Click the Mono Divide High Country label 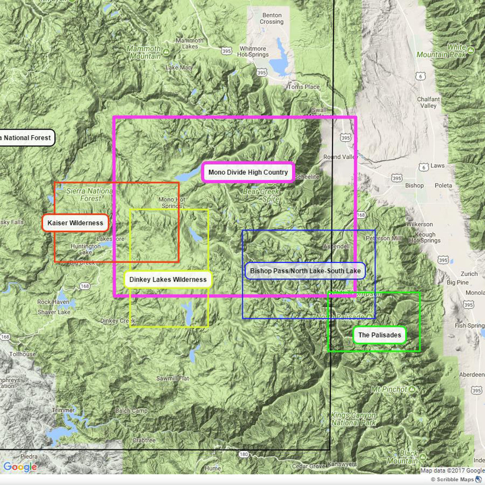(248, 173)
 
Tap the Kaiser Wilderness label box (75, 223)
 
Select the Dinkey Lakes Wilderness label (168, 280)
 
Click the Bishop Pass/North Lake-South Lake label (305, 271)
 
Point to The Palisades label (380, 335)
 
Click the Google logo (20, 467)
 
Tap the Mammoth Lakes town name (190, 43)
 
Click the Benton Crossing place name (271, 19)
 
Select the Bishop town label (414, 186)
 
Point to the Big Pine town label (458, 283)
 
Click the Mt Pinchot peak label (389, 389)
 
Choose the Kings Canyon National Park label (353, 419)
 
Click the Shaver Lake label (54, 312)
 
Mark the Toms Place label (304, 87)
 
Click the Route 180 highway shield (243, 454)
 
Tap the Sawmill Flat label (173, 379)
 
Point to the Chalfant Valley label (428, 102)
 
